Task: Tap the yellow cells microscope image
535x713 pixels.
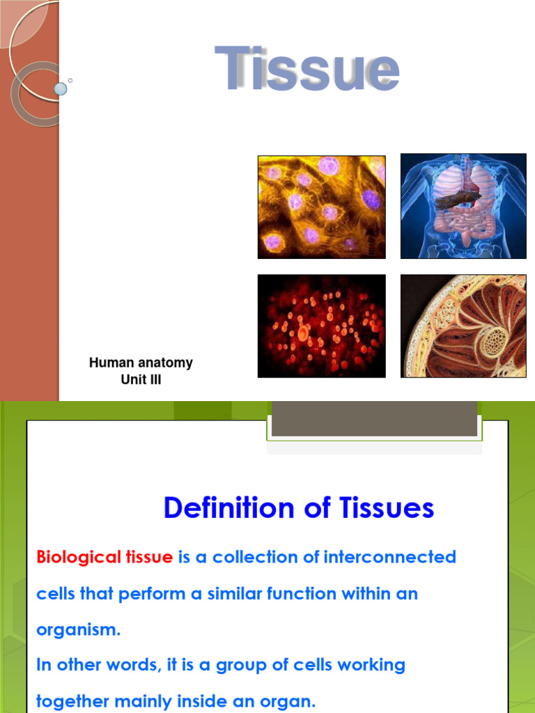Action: coord(321,207)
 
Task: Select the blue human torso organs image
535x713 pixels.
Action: coord(463,206)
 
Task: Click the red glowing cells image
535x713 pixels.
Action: coord(321,326)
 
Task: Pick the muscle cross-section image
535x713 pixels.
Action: coord(463,326)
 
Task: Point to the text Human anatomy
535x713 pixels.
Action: coord(141,363)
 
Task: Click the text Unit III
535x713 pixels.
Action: coord(141,380)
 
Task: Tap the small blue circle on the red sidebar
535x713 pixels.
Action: coord(61,88)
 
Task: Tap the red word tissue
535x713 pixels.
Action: coord(148,557)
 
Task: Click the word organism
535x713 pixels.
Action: coord(78,630)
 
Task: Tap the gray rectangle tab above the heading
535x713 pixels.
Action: coord(375,422)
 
